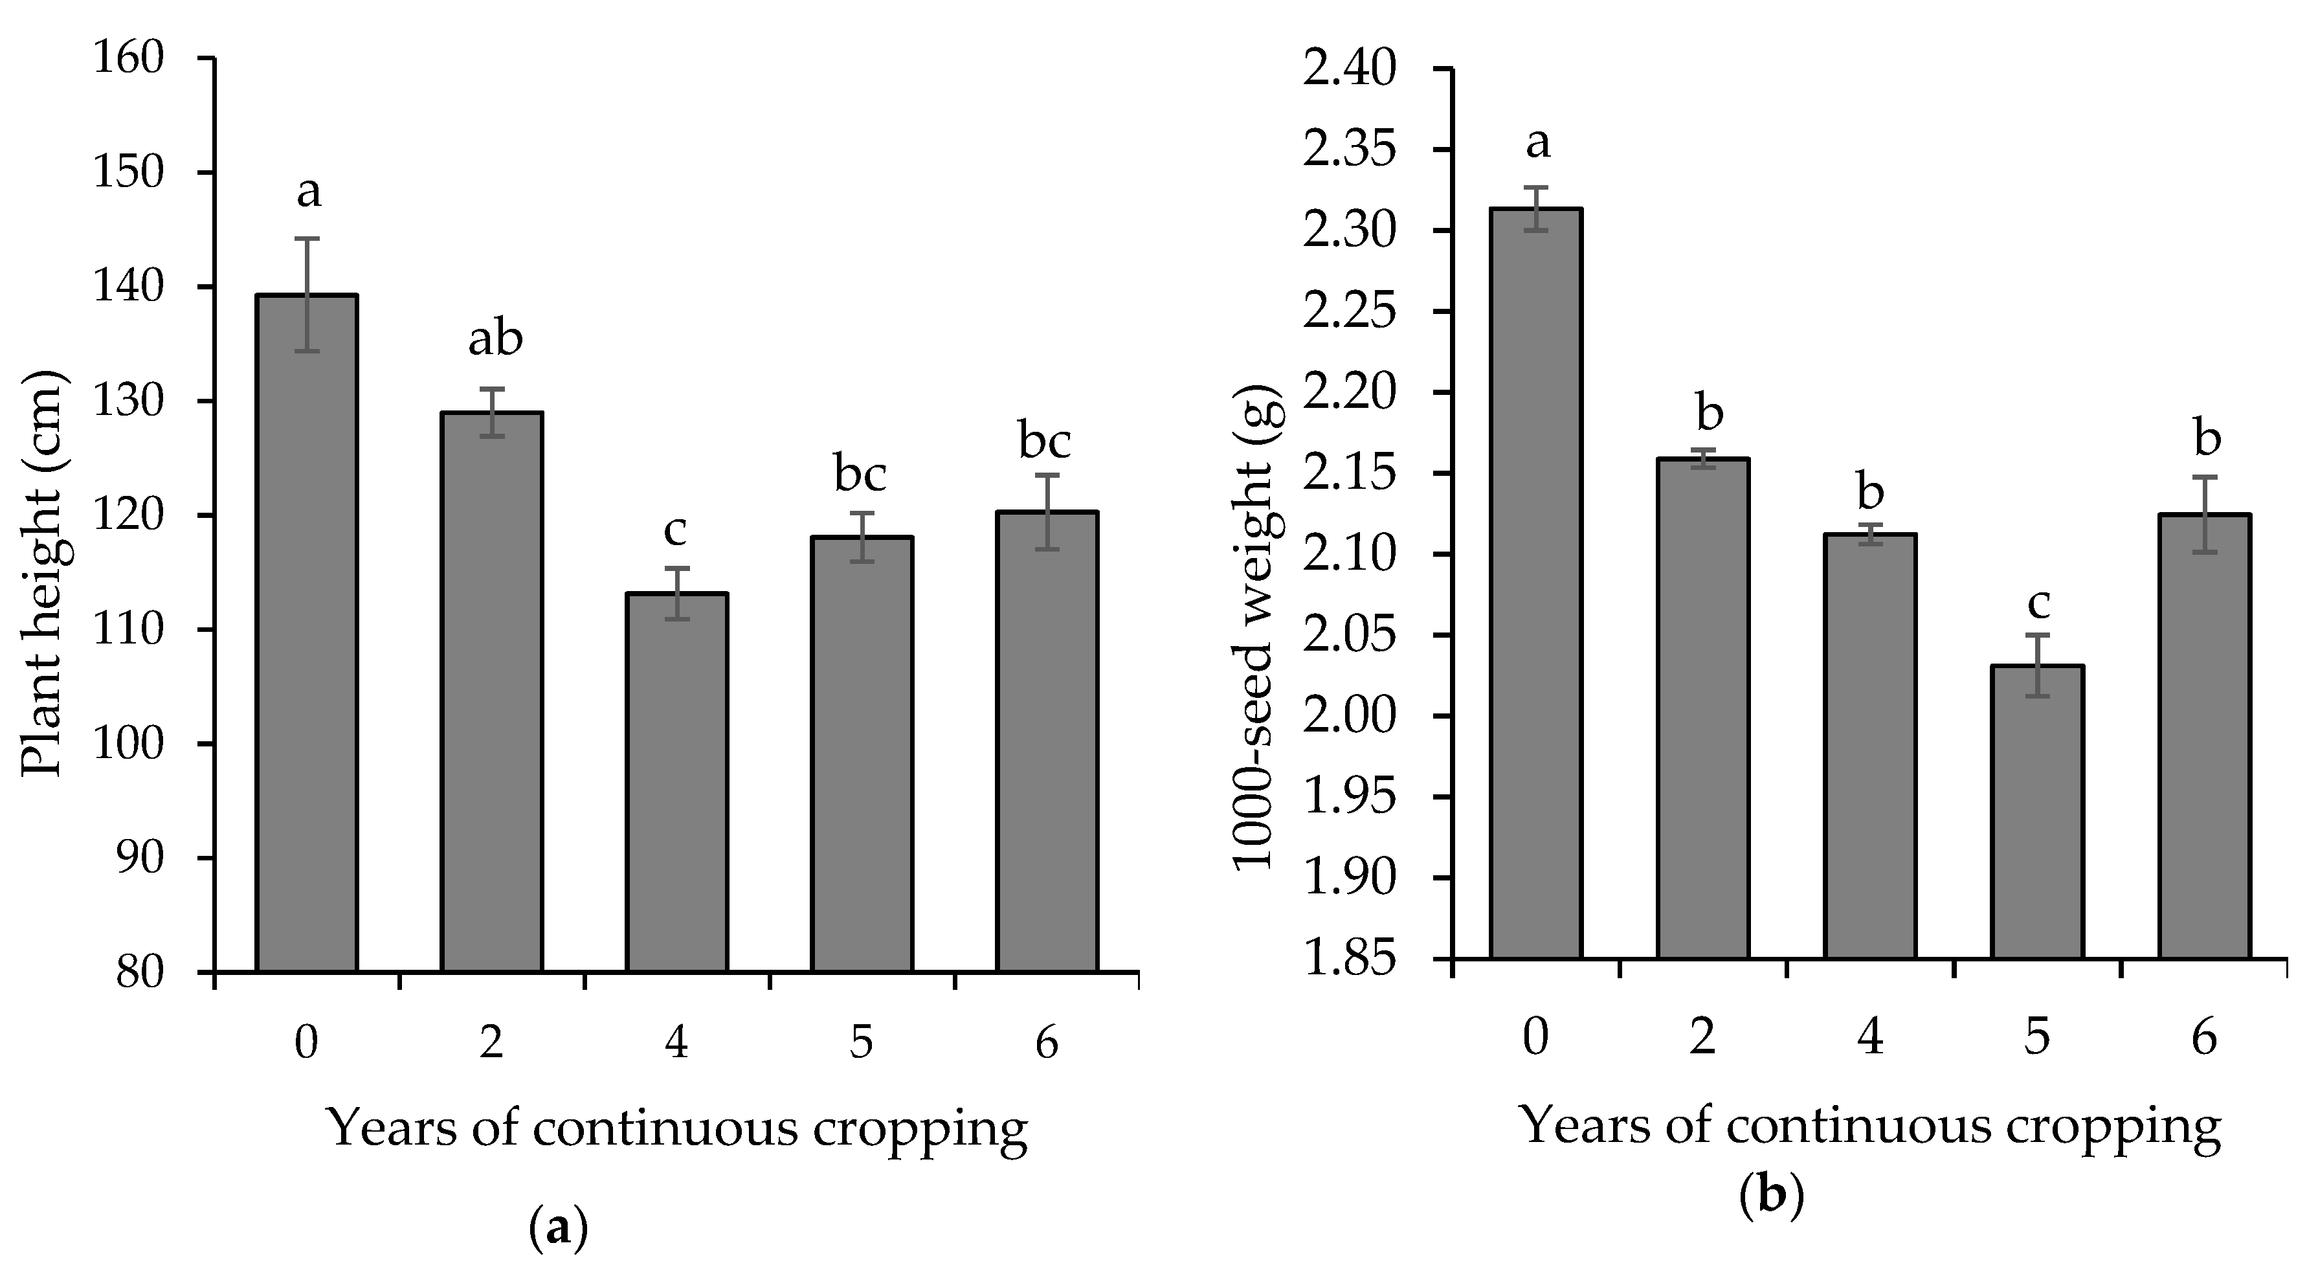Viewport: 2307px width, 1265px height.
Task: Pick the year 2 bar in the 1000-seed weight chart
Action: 1702,708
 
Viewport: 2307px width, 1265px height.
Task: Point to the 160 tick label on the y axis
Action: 140,58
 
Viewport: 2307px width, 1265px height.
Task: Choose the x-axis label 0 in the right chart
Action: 1535,1038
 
